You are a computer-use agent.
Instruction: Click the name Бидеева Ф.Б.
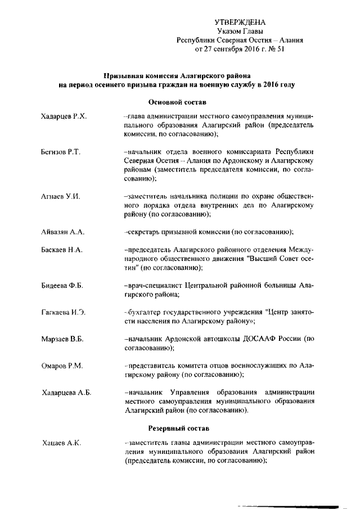(x=62, y=286)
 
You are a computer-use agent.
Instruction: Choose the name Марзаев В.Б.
(x=62, y=339)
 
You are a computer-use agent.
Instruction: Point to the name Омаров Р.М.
(x=62, y=366)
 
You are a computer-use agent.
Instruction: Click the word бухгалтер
(x=145, y=313)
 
